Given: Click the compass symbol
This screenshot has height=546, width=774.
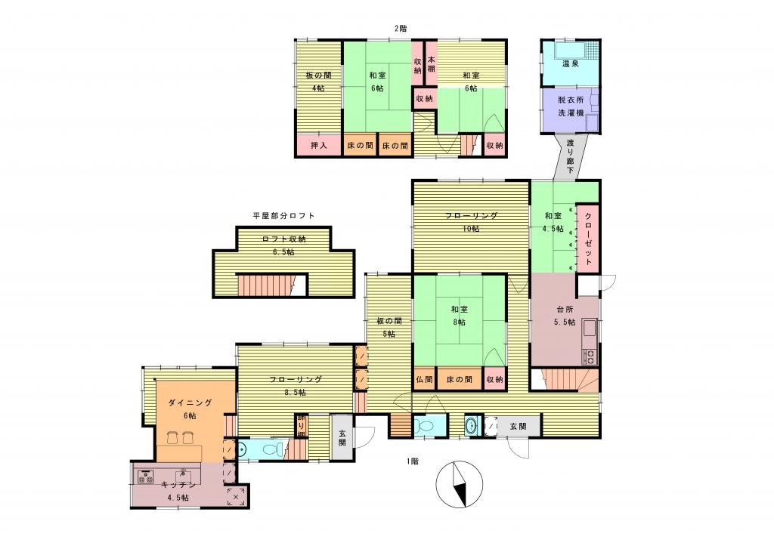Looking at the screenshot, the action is click(x=460, y=484).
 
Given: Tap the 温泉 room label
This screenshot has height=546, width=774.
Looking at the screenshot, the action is click(x=570, y=63).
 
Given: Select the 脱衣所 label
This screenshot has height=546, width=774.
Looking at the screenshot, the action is click(x=571, y=100).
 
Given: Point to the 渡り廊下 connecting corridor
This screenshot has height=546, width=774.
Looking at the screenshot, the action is click(x=570, y=156).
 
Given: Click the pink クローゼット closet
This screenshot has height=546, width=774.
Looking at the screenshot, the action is click(x=588, y=238).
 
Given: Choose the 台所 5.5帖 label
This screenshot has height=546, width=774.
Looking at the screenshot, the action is click(x=565, y=316).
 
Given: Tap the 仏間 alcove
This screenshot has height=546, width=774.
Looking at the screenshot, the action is click(x=424, y=379).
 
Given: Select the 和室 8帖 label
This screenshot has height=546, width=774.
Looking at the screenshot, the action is click(x=459, y=316).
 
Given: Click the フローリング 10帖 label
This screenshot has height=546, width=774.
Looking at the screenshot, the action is click(x=471, y=222).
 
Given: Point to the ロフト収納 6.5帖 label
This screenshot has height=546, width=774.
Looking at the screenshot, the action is click(x=283, y=245).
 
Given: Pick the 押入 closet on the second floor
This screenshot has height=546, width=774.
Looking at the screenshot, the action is click(x=319, y=146).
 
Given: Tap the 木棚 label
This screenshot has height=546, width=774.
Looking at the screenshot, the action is click(x=431, y=64).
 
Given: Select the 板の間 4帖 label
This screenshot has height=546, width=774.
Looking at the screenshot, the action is click(x=318, y=82).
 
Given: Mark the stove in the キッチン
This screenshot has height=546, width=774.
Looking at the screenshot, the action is click(x=144, y=477).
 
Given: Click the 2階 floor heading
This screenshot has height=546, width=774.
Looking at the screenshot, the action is click(x=401, y=29).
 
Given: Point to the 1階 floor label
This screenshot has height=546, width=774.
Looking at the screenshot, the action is click(x=413, y=461).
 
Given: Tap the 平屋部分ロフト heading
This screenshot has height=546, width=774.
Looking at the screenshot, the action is click(x=283, y=215).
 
